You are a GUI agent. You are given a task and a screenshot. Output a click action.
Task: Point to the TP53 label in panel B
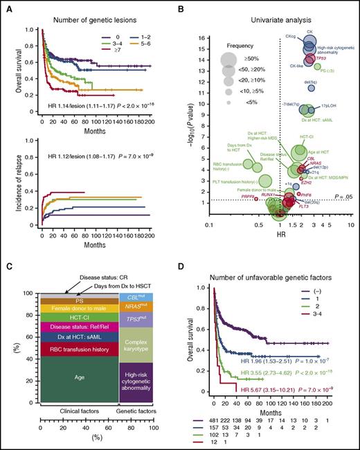click(x=321, y=59)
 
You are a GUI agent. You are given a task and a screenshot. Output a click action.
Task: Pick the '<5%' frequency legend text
click(x=239, y=103)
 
